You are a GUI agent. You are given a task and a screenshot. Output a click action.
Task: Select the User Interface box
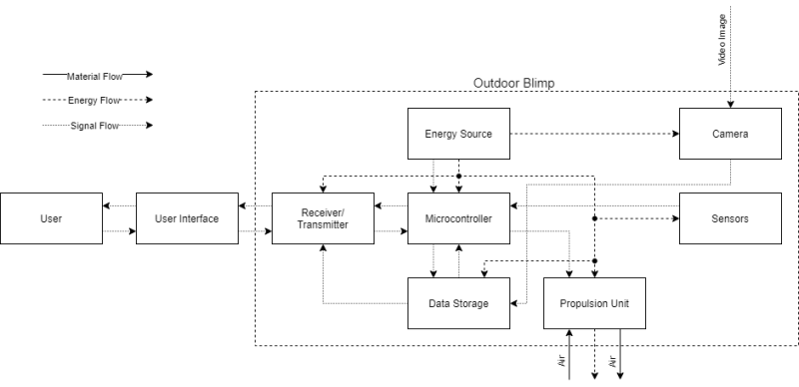[x=186, y=218]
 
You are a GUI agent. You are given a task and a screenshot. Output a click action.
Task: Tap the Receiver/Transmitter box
[x=322, y=218]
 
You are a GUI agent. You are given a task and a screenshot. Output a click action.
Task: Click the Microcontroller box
[x=458, y=218]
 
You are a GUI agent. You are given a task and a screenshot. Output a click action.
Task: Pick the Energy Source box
[x=458, y=134]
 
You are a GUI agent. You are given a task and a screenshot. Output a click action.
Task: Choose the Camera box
[x=729, y=134]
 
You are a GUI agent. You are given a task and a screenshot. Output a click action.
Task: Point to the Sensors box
[x=729, y=218]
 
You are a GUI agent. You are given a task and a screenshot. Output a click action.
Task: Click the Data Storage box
[x=458, y=303]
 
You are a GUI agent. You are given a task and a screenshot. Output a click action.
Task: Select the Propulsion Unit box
[x=593, y=303]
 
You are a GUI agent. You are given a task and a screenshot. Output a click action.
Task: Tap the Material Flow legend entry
[x=96, y=75]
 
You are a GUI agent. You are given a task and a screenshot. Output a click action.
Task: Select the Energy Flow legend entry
[x=96, y=100]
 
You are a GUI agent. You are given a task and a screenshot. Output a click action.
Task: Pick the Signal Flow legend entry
[x=96, y=126]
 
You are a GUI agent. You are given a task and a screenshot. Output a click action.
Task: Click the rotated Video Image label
[x=722, y=40]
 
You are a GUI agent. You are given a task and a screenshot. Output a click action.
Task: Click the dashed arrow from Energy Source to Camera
[x=593, y=134]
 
